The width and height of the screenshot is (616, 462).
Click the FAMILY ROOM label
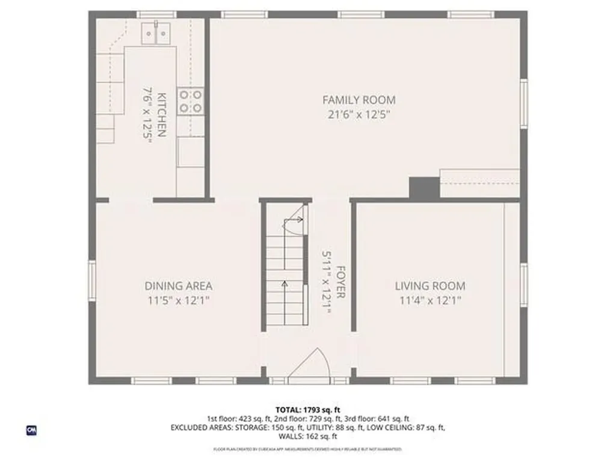tap(359, 100)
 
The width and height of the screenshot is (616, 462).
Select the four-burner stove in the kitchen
tap(190, 101)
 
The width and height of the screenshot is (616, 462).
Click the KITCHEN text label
tap(161, 114)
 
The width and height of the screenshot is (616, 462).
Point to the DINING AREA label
tap(178, 286)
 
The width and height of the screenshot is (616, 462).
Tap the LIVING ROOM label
tap(430, 286)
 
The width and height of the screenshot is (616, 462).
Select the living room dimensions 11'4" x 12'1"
tap(430, 301)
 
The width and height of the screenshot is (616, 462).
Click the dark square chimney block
tap(423, 187)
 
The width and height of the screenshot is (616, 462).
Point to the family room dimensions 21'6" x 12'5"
tap(359, 115)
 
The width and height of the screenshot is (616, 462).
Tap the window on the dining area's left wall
tap(92, 280)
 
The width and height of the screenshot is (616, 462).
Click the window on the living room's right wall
tap(524, 282)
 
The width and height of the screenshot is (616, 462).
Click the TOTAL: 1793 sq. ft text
tap(308, 409)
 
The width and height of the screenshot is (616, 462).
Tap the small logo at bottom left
tap(31, 430)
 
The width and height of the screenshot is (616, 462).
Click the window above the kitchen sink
tap(156, 14)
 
